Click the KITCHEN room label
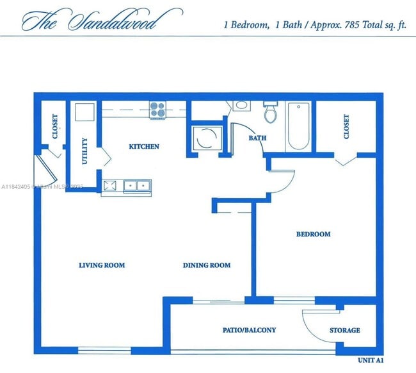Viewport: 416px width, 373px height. [144, 147]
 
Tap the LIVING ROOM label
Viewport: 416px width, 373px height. [102, 265]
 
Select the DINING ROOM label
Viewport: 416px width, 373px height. [207, 265]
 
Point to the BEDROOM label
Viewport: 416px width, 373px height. [313, 235]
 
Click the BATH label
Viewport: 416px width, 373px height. [257, 138]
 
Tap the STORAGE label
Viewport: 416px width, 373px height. [344, 331]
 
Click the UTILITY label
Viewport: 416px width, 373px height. [85, 151]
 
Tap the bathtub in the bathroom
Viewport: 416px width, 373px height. [298, 126]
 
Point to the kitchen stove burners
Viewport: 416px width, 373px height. [158, 110]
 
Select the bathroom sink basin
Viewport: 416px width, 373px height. [242, 105]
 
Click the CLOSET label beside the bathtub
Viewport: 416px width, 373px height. [346, 127]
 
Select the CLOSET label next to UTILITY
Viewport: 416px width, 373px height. [54, 127]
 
